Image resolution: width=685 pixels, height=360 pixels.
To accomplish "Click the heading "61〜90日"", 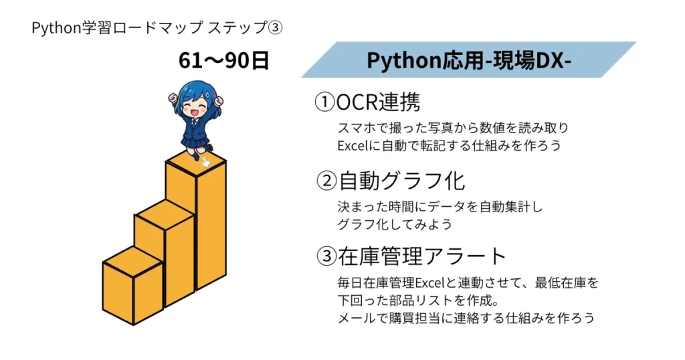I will point(223,61).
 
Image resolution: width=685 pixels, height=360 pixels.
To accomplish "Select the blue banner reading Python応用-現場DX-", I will point(468,60).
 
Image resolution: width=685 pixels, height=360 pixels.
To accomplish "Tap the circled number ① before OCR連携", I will point(324,102).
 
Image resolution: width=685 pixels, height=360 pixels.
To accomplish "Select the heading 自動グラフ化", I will point(401,180).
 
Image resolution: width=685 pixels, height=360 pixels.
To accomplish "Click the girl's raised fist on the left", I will point(173,98).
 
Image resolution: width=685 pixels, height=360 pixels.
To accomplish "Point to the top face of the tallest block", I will point(196,165).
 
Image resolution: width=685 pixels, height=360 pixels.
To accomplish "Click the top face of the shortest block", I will point(132,261).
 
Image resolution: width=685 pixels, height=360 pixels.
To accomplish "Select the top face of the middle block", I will point(164,213).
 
